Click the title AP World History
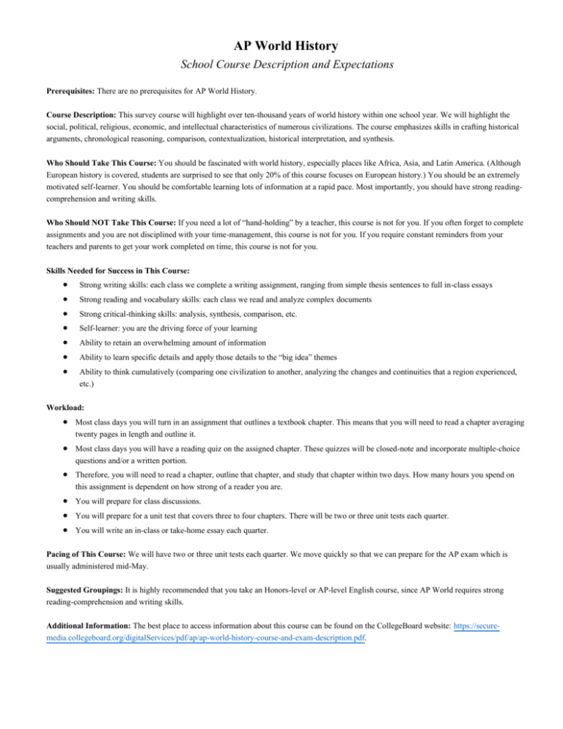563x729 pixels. (x=281, y=45)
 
